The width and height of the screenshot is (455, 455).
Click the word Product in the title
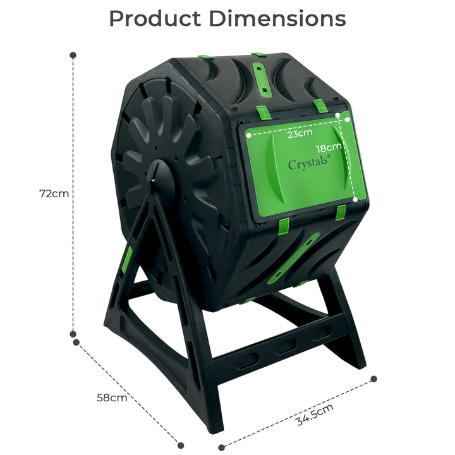pos(155,19)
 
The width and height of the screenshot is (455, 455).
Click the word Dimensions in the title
pos(277,19)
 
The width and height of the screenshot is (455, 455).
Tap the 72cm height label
pos(54,194)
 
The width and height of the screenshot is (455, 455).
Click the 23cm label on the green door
pos(300,134)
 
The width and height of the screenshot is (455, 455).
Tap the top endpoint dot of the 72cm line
pos(73,56)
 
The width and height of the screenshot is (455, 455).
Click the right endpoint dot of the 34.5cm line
pos(373,379)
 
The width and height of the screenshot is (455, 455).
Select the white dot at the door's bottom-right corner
pos(355,199)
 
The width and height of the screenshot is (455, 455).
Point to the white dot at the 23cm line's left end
pos(249,134)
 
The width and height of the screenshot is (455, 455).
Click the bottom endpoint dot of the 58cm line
pos(181,444)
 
